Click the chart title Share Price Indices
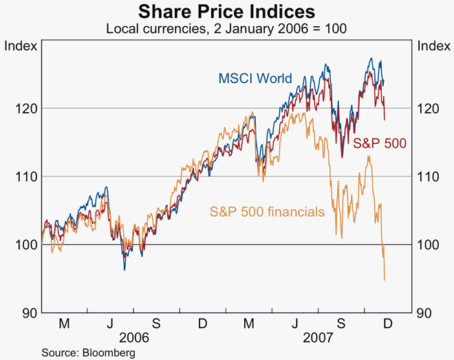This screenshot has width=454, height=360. pos(227,12)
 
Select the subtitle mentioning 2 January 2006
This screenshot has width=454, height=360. pos(226,29)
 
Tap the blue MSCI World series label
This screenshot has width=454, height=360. pos(255,78)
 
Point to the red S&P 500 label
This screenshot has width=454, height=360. pos(380,144)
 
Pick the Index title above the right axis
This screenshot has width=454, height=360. pos(433,46)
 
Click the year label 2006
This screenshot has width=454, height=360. pos(135,338)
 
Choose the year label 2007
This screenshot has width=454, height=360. pos(318,338)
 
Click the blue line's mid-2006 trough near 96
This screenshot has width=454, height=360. pos(125,270)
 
